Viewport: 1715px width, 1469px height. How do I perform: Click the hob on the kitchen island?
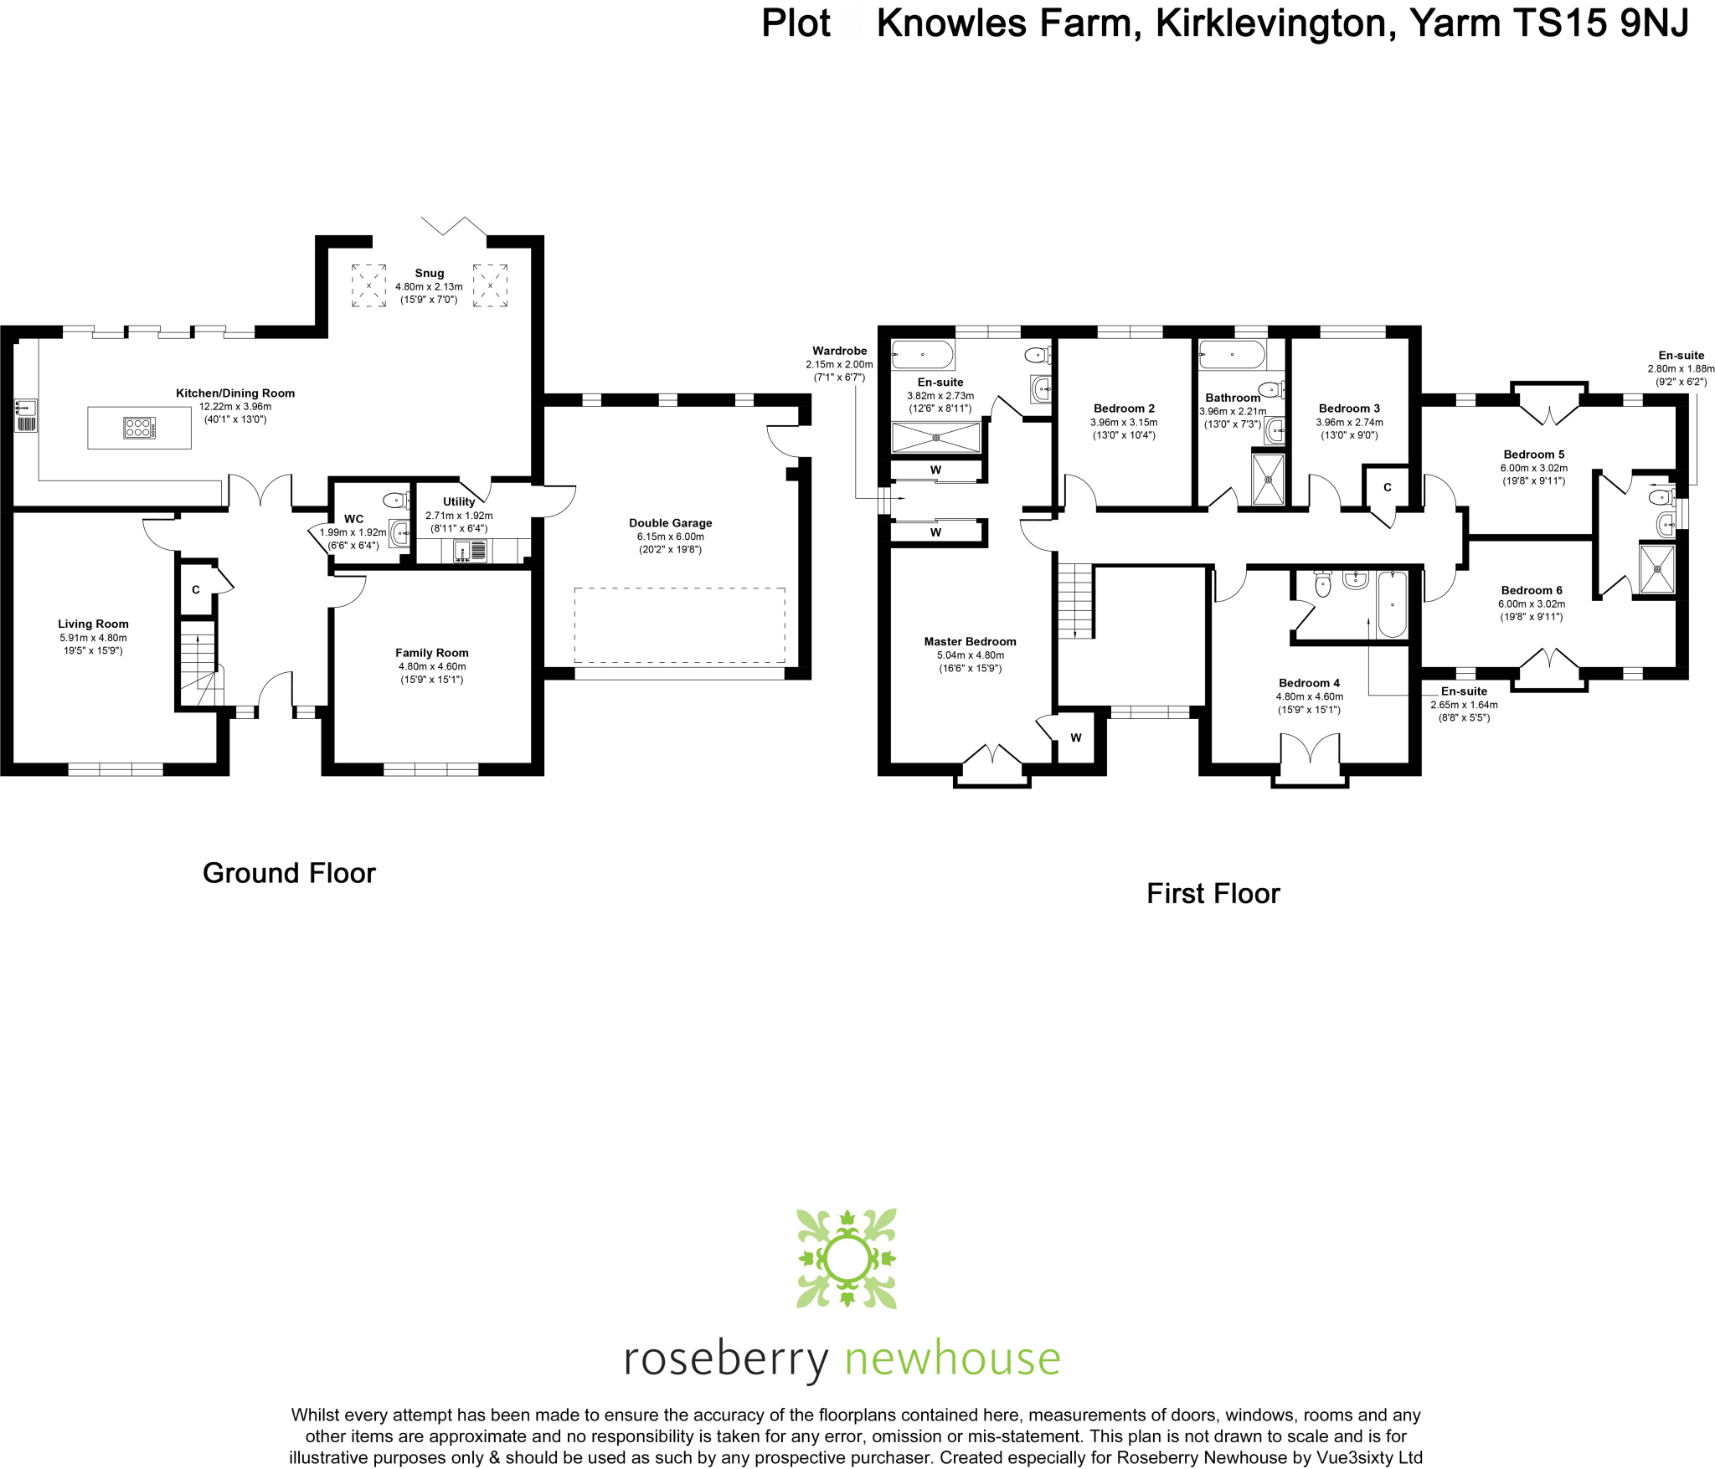(x=138, y=429)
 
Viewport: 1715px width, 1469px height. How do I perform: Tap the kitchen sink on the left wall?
(x=25, y=414)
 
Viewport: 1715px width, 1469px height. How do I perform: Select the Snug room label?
(x=429, y=273)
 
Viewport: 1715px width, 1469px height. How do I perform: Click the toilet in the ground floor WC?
(x=394, y=501)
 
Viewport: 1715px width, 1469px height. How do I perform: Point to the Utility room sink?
(x=462, y=551)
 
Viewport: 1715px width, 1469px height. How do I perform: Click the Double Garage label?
(x=670, y=523)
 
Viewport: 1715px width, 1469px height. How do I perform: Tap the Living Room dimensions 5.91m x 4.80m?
(x=93, y=638)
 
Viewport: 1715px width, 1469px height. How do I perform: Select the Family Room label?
(x=431, y=653)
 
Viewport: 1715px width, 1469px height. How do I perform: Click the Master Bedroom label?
(x=970, y=642)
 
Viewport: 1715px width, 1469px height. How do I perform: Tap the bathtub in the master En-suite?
(x=922, y=355)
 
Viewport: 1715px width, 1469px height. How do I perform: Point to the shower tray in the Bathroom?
(x=1268, y=479)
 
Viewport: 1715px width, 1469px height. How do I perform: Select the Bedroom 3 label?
(x=1349, y=408)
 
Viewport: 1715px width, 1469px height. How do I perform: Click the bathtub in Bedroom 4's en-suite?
(x=1392, y=604)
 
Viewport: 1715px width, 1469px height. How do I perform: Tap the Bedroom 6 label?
(x=1531, y=590)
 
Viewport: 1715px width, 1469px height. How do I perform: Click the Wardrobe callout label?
(x=839, y=351)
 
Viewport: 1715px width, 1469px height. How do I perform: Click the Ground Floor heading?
(x=289, y=873)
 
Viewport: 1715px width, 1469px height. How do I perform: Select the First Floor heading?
(x=1213, y=893)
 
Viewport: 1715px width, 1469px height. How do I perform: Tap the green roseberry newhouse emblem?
(x=846, y=1257)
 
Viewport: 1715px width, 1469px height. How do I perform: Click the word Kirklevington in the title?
(x=1275, y=23)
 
